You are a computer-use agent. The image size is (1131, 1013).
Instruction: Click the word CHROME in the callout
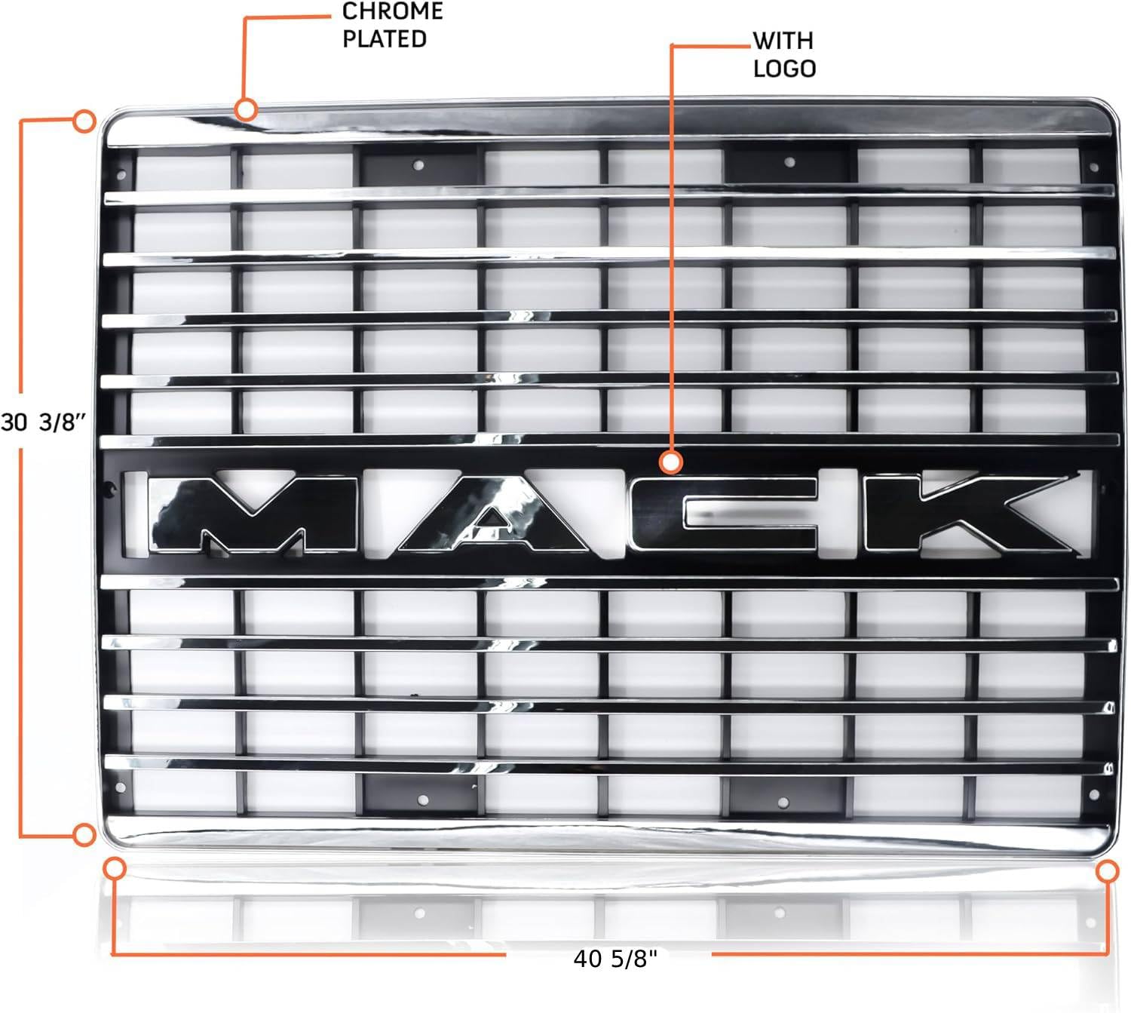(392, 11)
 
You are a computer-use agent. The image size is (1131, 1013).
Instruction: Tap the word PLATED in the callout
(384, 39)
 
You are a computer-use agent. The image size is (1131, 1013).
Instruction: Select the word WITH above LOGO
(783, 41)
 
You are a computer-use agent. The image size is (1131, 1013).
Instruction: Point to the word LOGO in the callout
(784, 69)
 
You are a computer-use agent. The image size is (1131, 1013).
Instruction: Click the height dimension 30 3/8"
(44, 422)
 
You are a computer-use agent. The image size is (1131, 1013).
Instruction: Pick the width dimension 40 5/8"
(616, 959)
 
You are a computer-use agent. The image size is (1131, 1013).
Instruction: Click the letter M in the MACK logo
(254, 513)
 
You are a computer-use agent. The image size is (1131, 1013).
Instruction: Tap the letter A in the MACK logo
(493, 513)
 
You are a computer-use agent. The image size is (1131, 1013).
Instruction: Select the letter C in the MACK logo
(725, 513)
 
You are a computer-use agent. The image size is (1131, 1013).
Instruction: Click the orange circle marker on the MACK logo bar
(671, 462)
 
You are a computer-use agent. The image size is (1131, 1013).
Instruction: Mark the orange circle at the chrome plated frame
(246, 109)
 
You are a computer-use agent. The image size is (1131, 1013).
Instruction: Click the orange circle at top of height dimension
(84, 121)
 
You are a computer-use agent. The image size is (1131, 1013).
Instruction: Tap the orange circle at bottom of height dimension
(84, 835)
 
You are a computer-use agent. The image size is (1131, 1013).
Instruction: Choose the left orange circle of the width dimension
(115, 868)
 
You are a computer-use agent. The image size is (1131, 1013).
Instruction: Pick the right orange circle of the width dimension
(1108, 871)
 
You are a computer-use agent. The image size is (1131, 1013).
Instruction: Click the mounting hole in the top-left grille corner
(121, 175)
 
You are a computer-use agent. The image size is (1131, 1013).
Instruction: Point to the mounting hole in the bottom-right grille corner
(1094, 794)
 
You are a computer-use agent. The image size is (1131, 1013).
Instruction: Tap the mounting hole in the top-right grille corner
(1094, 167)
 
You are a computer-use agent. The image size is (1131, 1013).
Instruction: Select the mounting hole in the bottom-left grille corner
(121, 787)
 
